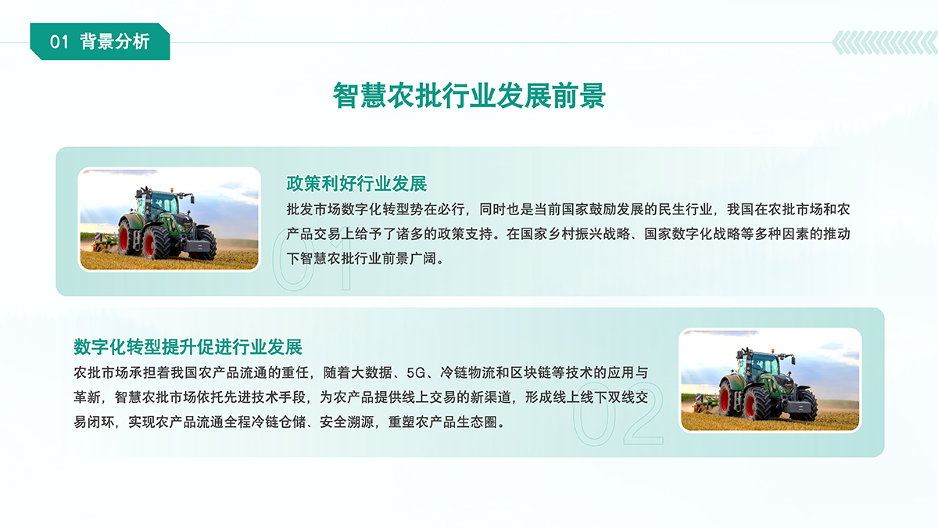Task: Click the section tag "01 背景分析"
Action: click(x=100, y=41)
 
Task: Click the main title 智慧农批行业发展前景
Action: click(x=469, y=95)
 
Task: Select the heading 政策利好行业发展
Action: click(x=356, y=184)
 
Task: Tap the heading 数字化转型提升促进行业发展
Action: click(x=188, y=347)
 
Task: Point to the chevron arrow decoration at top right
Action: click(x=884, y=42)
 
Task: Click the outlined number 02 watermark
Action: click(x=618, y=414)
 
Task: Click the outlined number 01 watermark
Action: click(x=312, y=259)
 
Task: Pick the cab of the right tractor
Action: click(x=759, y=365)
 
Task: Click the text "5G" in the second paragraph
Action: click(x=415, y=372)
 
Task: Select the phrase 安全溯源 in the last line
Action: click(x=347, y=422)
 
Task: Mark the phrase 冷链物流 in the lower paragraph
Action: click(x=467, y=372)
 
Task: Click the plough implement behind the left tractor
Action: click(x=104, y=242)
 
